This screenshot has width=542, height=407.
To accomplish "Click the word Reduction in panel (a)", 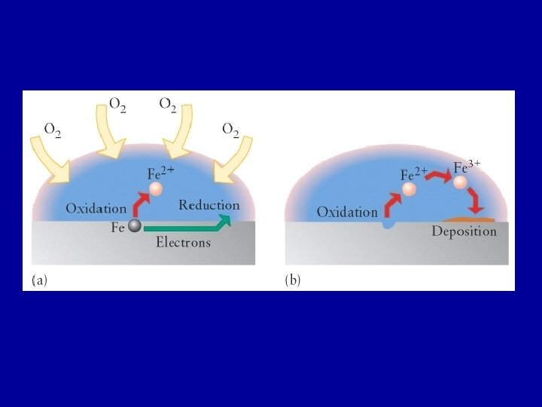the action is [x=209, y=205].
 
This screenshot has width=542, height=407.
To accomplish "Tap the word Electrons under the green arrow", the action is [x=183, y=243].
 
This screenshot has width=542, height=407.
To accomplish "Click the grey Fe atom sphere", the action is [x=135, y=226].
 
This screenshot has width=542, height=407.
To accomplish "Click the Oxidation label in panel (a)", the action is [x=96, y=208].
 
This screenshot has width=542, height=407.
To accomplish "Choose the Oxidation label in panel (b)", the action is [x=347, y=213].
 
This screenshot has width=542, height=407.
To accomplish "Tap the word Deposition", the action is [x=464, y=231].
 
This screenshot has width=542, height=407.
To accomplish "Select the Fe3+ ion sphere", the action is [x=460, y=182].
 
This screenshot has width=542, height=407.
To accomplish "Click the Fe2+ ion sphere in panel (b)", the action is [x=409, y=189].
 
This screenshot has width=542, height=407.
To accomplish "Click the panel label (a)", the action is [x=39, y=280].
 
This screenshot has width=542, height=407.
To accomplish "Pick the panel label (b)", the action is [x=292, y=280].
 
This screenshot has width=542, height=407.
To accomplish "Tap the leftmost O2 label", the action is [x=53, y=130].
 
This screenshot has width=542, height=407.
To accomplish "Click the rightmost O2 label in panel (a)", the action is [x=230, y=130].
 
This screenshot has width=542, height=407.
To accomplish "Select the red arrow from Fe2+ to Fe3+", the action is [x=437, y=176].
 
